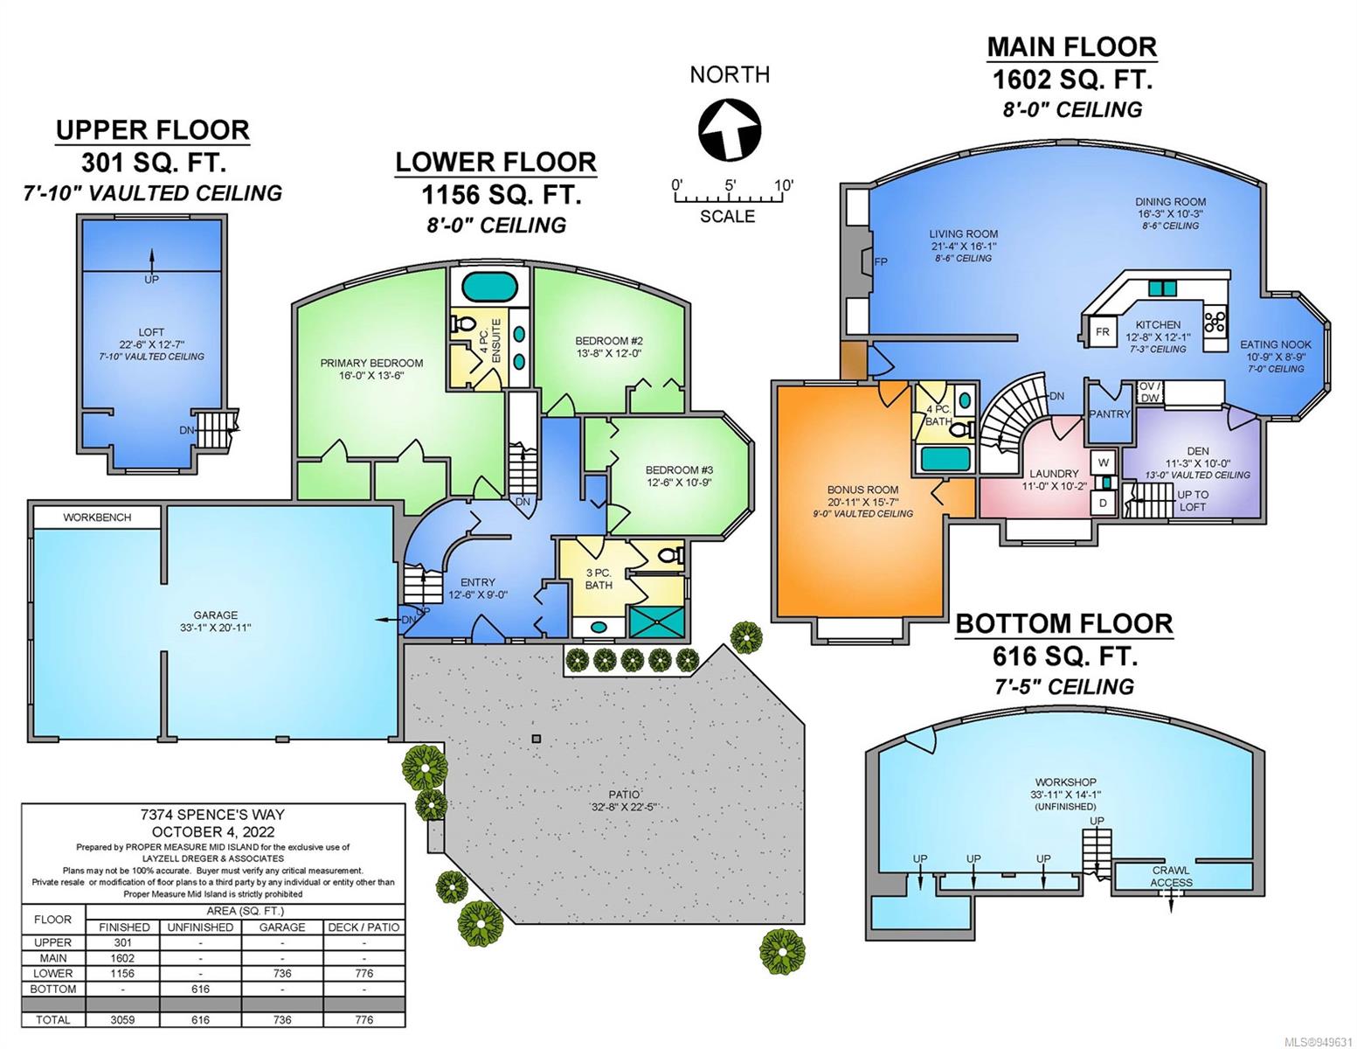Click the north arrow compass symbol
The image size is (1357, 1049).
coord(729,130)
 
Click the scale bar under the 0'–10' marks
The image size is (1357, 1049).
coord(728,198)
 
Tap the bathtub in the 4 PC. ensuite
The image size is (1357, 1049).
coord(489,288)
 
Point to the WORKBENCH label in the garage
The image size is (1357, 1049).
coord(97,518)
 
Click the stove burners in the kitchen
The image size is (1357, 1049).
coord(1215,323)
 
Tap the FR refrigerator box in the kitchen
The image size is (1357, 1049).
coord(1102,332)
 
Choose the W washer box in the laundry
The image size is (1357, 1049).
coord(1104,463)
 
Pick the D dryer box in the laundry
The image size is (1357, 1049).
coord(1103,503)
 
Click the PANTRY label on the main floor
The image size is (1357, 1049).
coord(1110,413)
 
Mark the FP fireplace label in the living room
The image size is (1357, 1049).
coord(881,261)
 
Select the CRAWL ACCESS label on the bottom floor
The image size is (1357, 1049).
coord(1171,876)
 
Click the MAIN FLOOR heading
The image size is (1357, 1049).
coord(1071,47)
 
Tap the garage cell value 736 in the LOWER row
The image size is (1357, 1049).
coord(282,974)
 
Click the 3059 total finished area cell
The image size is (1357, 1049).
coord(123,1019)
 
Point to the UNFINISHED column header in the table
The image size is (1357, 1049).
coord(200,927)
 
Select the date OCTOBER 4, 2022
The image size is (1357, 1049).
coord(213,831)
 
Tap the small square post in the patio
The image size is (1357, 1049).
coord(536,740)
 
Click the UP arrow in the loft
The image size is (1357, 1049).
coord(152,258)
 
